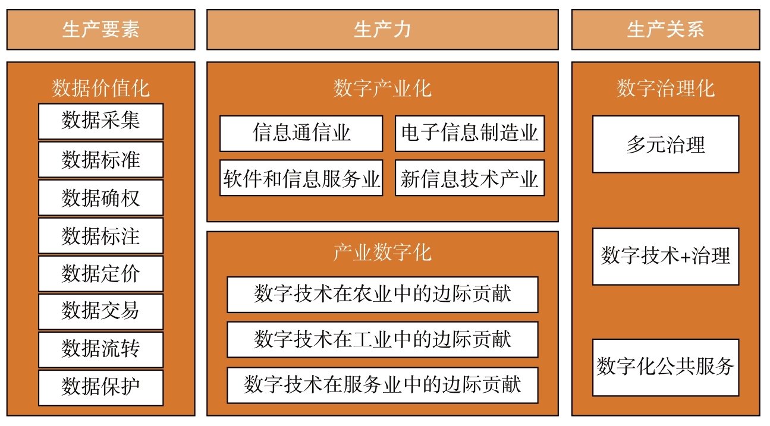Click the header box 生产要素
(x=100, y=30)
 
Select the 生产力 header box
(x=382, y=30)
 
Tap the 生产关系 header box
(x=665, y=30)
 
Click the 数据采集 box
(x=100, y=121)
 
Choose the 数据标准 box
(x=100, y=159)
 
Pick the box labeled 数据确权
(x=100, y=197)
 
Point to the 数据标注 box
(x=100, y=236)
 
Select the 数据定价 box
(x=100, y=274)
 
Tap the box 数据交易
(x=100, y=311)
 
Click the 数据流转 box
(x=100, y=350)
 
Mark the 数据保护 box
(x=100, y=388)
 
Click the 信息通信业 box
(x=301, y=134)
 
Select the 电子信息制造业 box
(x=470, y=134)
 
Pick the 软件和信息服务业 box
(x=301, y=178)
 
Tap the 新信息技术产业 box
(x=470, y=178)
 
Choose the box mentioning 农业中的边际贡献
(x=382, y=295)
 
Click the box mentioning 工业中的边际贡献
(x=382, y=340)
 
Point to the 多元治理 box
(x=665, y=144)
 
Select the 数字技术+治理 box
(x=665, y=256)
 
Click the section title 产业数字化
(x=382, y=253)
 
